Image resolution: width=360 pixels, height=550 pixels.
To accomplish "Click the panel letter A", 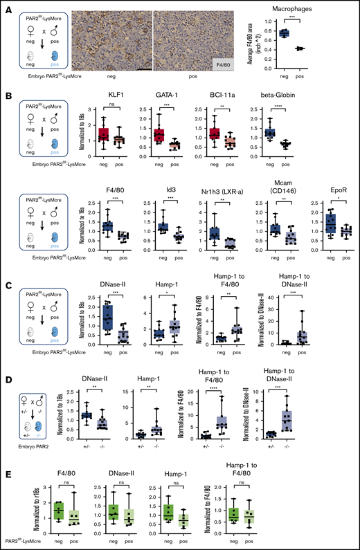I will click(x=6, y=6).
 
